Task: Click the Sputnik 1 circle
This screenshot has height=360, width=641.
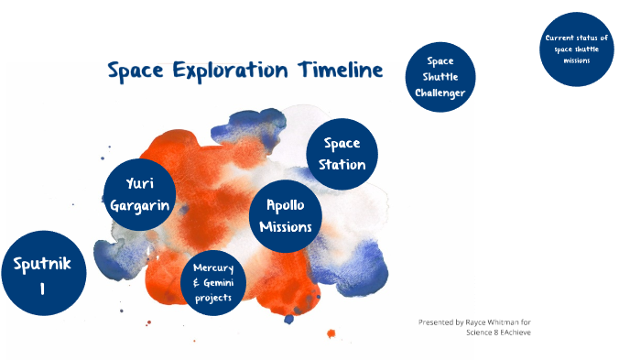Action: pyautogui.click(x=43, y=273)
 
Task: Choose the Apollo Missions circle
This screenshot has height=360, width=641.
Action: pyautogui.click(x=285, y=215)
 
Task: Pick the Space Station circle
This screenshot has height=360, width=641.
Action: pyautogui.click(x=342, y=154)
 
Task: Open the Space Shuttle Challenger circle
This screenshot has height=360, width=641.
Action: pyautogui.click(x=440, y=77)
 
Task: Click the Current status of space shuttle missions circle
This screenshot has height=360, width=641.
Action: pyautogui.click(x=576, y=49)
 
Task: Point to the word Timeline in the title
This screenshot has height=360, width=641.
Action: pyautogui.click(x=340, y=71)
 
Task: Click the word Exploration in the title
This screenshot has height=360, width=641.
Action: pyautogui.click(x=228, y=71)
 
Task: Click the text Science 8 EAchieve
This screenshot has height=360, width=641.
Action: pyautogui.click(x=498, y=333)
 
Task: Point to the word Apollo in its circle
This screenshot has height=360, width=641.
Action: pyautogui.click(x=285, y=204)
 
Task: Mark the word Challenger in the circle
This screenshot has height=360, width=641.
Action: pyautogui.click(x=440, y=93)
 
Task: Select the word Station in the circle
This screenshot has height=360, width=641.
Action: pyautogui.click(x=342, y=165)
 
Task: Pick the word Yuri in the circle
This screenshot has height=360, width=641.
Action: pyautogui.click(x=139, y=185)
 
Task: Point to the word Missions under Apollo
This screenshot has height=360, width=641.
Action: pyautogui.click(x=285, y=226)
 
